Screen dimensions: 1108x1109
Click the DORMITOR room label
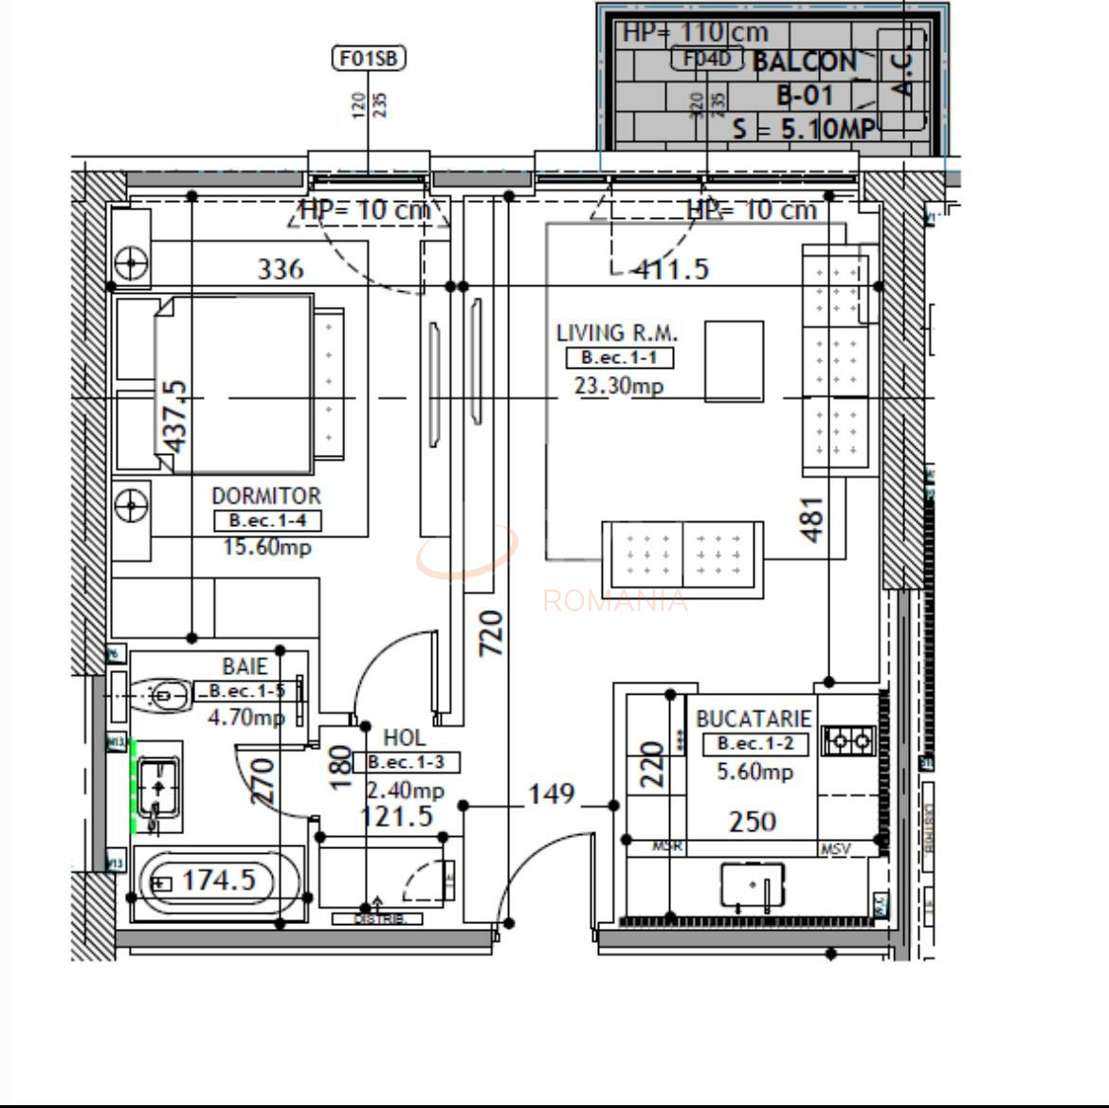pos(265,496)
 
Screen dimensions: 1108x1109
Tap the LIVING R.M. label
pos(617,334)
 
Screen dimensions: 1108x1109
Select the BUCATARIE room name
pos(754,719)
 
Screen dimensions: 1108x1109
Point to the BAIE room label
pos(245,667)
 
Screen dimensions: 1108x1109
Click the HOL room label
pos(404,738)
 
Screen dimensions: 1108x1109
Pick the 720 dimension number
pos(492,633)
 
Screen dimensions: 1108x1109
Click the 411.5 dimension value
pos(671,269)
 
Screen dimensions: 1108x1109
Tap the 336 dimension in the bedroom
pos(281,269)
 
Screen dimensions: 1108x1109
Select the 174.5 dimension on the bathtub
pos(218,881)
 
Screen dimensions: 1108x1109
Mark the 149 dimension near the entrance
pos(551,793)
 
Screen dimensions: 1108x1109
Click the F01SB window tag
pos(369,59)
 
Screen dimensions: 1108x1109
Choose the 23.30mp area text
pos(618,386)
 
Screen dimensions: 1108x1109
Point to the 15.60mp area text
pos(266,547)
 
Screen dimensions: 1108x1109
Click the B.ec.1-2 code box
pos(754,744)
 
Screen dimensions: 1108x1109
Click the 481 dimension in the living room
pos(812,519)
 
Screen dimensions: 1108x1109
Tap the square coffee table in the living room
pos(734,361)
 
